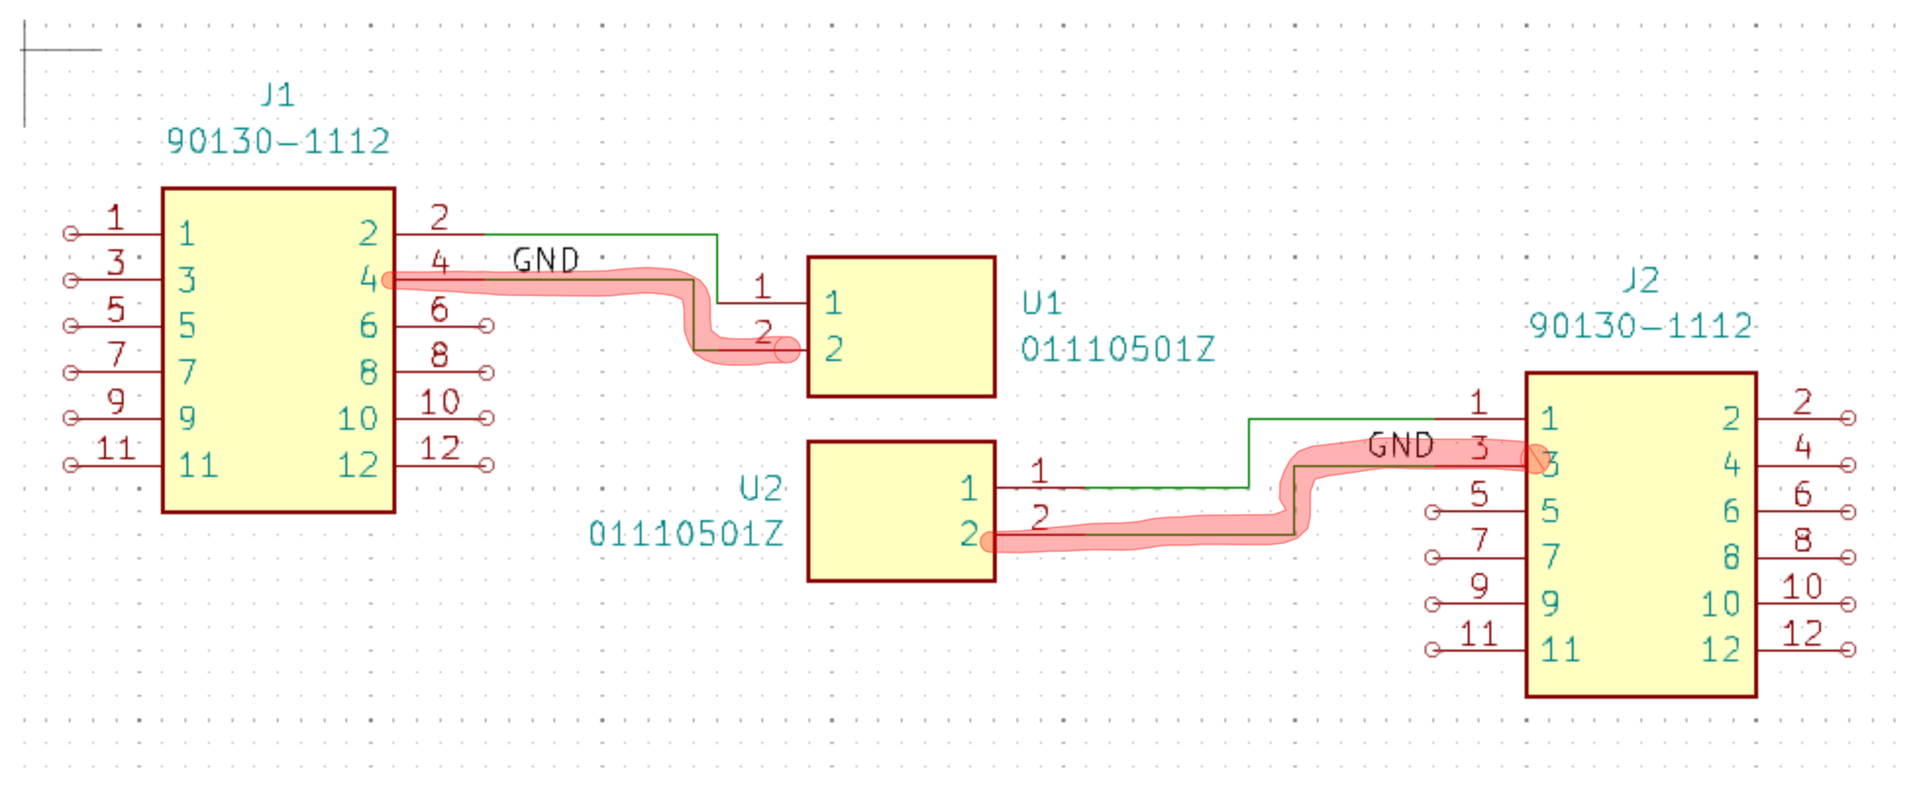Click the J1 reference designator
click(278, 95)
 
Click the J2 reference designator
click(1640, 280)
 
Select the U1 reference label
click(1042, 304)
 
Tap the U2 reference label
click(761, 489)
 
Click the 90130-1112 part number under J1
click(278, 141)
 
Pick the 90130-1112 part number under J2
click(1640, 326)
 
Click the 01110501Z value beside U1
click(1117, 349)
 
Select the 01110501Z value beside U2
click(686, 534)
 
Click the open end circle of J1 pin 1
click(71, 234)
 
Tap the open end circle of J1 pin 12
click(486, 465)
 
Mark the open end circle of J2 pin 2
click(1848, 419)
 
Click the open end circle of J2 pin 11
click(1432, 650)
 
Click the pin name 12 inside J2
click(1720, 650)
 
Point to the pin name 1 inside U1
click(833, 304)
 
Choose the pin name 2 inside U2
click(969, 534)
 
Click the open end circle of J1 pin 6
click(486, 326)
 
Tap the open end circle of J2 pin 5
click(1432, 512)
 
